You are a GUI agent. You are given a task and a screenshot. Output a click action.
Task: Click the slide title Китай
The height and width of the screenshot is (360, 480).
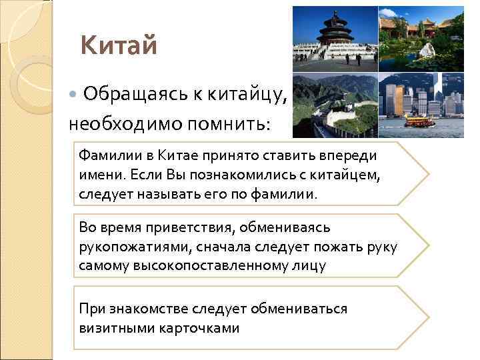pos(119,46)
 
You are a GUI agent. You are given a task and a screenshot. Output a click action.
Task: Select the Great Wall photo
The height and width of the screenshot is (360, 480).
pos(333,104)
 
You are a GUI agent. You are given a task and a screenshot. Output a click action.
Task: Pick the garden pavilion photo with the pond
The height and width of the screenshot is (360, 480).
pos(420,37)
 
